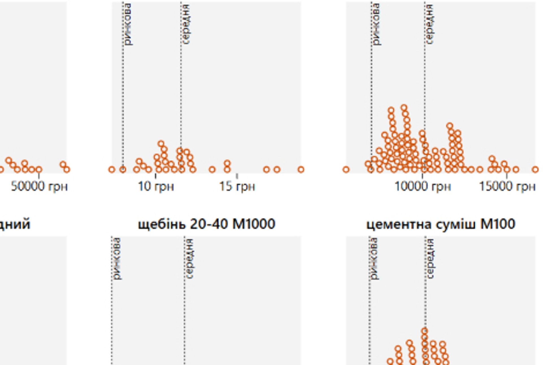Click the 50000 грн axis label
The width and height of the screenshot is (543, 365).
point(39,186)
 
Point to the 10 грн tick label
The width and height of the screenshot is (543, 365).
point(156,186)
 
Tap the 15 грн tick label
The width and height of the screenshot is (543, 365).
point(237,186)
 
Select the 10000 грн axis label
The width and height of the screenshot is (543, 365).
point(423,186)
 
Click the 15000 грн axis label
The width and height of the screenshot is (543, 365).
point(507,186)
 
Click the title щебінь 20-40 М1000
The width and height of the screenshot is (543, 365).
point(206,224)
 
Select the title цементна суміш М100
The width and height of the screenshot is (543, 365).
point(441,224)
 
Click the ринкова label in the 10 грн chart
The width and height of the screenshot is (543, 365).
point(128,24)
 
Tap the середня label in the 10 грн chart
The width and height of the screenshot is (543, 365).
point(186,24)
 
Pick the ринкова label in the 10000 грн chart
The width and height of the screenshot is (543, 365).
point(376,24)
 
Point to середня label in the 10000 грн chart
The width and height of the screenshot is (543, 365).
point(430,24)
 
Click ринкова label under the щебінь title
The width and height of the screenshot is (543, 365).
point(117,258)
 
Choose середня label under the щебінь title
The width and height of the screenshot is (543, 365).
point(190,258)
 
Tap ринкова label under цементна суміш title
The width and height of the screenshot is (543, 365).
point(374,258)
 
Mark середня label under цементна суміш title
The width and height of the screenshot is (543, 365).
point(430,258)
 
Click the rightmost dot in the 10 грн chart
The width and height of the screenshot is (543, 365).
point(301,169)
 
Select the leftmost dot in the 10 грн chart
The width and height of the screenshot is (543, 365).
point(112,170)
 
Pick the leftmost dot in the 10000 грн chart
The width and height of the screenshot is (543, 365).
point(346,170)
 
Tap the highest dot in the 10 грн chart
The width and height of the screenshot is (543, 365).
point(161,144)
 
